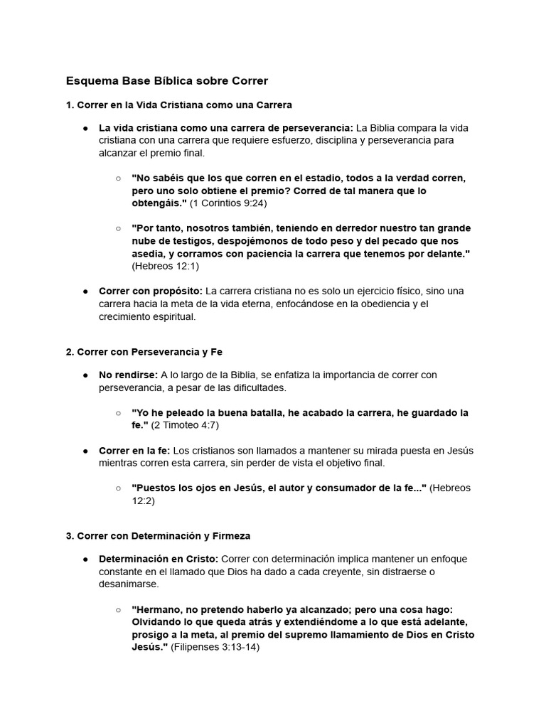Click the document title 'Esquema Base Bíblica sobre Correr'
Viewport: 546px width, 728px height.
(166, 80)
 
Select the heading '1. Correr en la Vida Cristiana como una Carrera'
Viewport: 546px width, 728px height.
(178, 105)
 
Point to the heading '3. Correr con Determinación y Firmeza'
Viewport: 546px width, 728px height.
(158, 535)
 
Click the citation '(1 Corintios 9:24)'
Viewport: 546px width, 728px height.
(230, 203)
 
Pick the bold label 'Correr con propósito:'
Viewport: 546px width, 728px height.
(151, 291)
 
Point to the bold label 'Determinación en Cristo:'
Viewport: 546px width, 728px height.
(159, 559)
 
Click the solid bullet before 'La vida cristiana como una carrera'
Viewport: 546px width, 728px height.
(85, 128)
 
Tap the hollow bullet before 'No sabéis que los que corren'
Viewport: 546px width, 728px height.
(118, 178)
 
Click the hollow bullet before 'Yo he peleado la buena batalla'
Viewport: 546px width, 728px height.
(118, 413)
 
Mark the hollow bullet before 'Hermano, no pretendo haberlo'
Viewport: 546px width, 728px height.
(118, 609)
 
